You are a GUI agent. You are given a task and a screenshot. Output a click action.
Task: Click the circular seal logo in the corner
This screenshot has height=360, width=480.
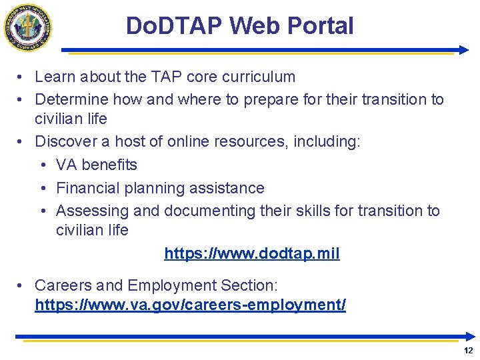tap(28, 27)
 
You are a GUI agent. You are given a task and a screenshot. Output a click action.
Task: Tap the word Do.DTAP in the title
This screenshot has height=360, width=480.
tap(174, 26)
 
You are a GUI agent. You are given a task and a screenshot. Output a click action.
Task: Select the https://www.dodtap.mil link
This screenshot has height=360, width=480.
tap(252, 253)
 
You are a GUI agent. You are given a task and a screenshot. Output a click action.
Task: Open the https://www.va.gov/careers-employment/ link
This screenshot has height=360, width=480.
tap(190, 305)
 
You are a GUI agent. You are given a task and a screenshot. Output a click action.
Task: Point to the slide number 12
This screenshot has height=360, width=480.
tap(468, 351)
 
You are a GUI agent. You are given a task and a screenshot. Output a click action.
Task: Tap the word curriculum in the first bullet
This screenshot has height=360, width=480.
tap(258, 77)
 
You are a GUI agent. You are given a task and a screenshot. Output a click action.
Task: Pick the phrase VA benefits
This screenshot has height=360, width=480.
tap(97, 165)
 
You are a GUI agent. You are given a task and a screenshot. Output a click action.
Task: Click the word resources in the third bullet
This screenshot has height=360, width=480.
tap(245, 141)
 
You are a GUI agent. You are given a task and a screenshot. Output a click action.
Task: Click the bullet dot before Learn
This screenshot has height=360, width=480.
tap(21, 77)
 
